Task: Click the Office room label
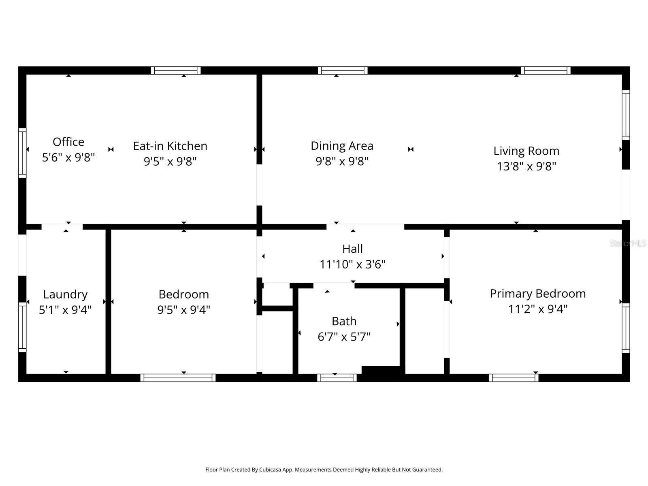tap(68, 142)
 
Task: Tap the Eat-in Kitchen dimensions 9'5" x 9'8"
tap(170, 162)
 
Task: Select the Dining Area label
tap(342, 146)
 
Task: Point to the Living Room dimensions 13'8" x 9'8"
tap(526, 166)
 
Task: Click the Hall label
tap(352, 249)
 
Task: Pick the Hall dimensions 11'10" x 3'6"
tap(352, 264)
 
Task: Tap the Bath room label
tap(344, 321)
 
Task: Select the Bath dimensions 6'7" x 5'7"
tap(344, 337)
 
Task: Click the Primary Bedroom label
tap(537, 294)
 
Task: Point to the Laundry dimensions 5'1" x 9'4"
tap(65, 310)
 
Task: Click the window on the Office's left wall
tap(22, 153)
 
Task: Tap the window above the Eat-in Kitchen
tap(176, 70)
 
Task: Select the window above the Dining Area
tap(343, 70)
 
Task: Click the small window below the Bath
tap(337, 378)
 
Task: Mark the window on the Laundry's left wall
tap(22, 327)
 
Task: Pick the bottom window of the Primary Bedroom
tap(514, 378)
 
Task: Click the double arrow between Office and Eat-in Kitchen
tap(111, 149)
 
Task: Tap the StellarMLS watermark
tap(628, 243)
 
